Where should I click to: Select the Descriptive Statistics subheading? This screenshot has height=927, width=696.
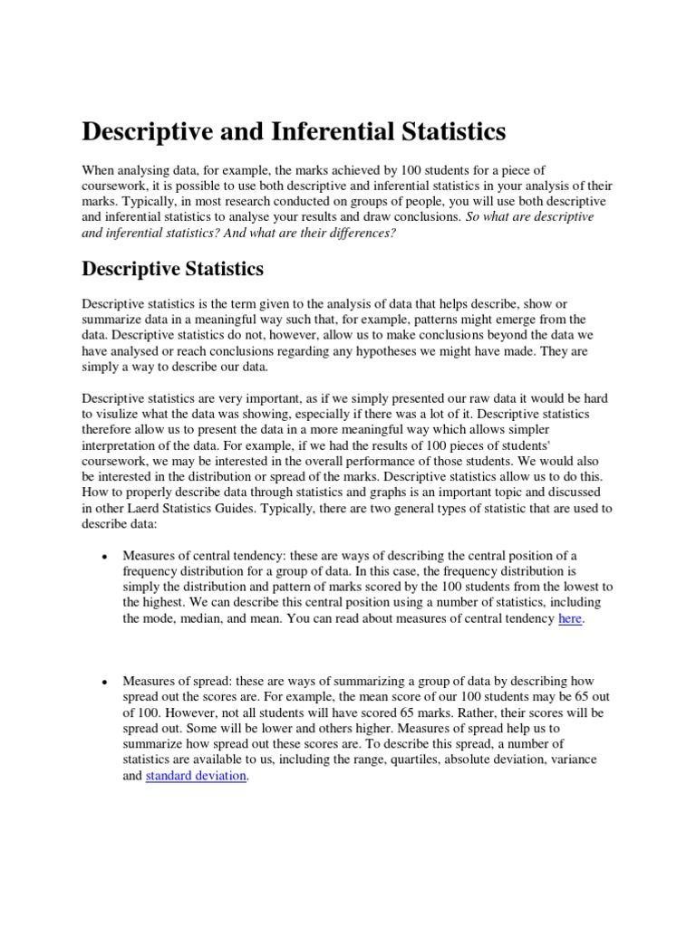[173, 269]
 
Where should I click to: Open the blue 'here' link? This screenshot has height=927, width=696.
[569, 618]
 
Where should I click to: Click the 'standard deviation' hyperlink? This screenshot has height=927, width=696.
[195, 777]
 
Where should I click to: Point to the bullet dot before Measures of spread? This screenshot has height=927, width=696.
[106, 682]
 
